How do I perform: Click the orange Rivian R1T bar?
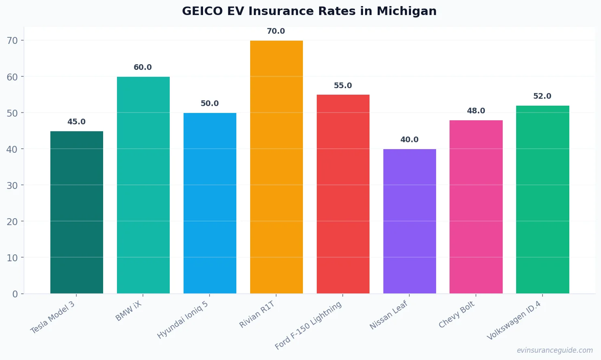(276, 167)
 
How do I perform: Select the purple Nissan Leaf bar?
(409, 221)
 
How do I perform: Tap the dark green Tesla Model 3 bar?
(76, 212)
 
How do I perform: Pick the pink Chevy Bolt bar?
(476, 207)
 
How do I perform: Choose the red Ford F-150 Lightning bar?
(343, 194)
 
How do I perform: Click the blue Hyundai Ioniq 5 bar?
(210, 203)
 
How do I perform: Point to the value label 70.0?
(276, 31)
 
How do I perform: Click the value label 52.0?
(542, 96)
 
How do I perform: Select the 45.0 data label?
(76, 122)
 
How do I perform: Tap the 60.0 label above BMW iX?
(143, 67)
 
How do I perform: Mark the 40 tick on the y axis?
(12, 149)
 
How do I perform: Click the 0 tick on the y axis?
(15, 294)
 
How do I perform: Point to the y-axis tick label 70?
(12, 41)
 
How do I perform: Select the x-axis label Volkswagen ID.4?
(514, 321)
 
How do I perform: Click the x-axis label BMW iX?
(129, 312)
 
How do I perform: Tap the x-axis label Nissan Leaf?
(389, 315)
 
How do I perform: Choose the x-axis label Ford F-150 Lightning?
(308, 325)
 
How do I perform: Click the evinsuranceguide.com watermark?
(554, 350)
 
